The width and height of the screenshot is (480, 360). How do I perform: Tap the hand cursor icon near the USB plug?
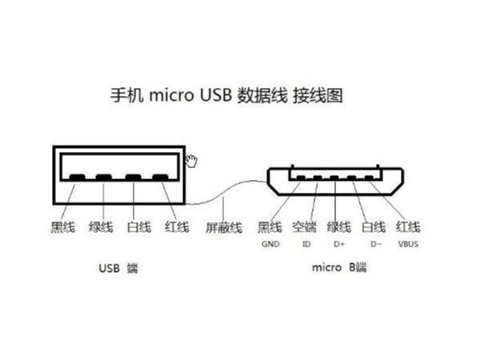pos(192,161)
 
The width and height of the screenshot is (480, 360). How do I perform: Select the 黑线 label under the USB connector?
pos(63,227)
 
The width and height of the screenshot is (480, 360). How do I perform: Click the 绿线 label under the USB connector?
pos(102,227)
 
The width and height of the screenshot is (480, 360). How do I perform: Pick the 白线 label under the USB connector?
pos(139,227)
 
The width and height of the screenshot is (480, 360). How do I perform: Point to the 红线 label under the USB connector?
pos(177,227)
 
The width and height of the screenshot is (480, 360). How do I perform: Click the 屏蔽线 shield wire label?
pos(224,227)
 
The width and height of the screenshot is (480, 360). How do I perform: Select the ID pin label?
pos(306,243)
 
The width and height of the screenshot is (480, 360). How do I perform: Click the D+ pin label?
pos(339,243)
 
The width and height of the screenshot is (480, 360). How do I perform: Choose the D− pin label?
pos(374,243)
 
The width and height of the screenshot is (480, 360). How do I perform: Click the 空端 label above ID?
pos(305,227)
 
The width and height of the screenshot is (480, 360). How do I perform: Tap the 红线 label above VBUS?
pos(408,227)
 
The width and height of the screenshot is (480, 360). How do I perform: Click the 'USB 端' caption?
pos(117,268)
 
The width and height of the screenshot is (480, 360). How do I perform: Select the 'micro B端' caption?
pos(338,268)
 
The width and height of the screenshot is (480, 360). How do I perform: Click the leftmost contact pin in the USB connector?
pos(77,178)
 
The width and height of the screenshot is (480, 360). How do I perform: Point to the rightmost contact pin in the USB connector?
pos(161,178)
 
